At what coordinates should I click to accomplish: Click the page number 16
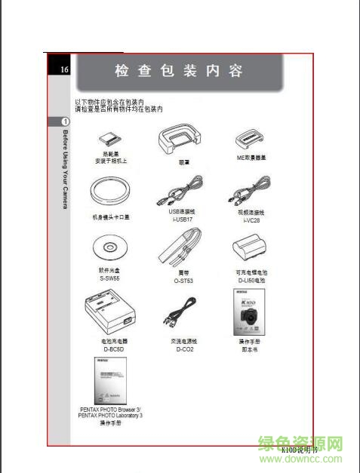coord(65,70)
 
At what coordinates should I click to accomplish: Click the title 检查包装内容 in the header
coord(179,72)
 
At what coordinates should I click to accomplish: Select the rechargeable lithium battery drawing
coord(251,249)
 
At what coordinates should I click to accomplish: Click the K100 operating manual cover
coord(250,311)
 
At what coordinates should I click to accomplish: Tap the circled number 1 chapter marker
coord(66,121)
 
